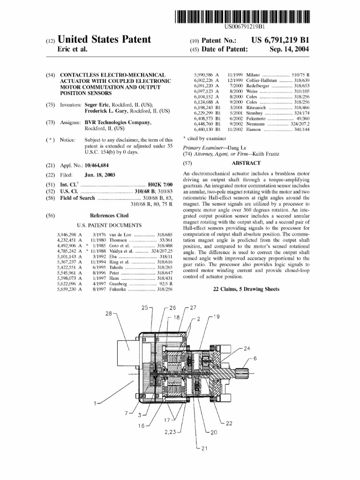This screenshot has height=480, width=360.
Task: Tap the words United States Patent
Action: click(104, 40)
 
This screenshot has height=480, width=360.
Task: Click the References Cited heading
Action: click(109, 215)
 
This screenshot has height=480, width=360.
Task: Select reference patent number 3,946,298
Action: click(66, 234)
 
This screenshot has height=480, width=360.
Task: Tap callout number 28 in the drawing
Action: click(109, 313)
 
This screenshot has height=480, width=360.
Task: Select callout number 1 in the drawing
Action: click(96, 403)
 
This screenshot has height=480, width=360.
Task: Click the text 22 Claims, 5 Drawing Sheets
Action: click(246, 289)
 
